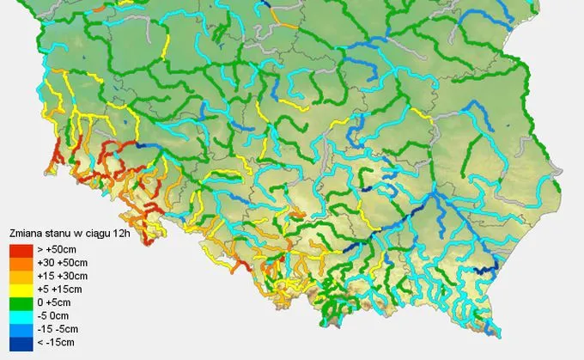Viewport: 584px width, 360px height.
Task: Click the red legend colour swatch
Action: coord(20,249)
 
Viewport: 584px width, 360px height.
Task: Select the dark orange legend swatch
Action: coord(20,262)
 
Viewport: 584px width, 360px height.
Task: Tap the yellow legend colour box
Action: coord(20,290)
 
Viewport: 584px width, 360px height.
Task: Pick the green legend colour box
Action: coord(20,303)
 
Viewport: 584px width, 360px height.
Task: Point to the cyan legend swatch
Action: coord(20,317)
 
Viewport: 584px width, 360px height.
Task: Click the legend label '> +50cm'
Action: coord(56,249)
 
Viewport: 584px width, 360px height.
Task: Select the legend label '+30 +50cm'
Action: coord(62,262)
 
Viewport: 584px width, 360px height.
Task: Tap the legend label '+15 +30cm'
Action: coord(62,276)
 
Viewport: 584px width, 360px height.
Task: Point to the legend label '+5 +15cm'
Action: coord(59,290)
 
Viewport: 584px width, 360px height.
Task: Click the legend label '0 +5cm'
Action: coord(56,303)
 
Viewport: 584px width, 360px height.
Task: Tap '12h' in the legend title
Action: coord(124,233)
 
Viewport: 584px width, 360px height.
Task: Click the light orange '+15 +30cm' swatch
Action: coord(20,276)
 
